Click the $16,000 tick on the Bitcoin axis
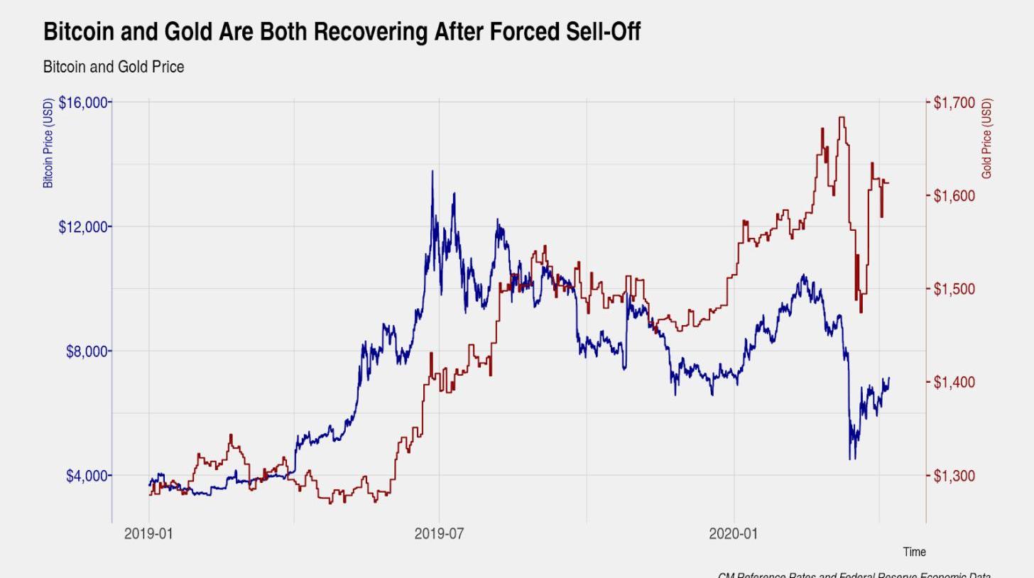[84, 103]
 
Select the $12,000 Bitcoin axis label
[84, 227]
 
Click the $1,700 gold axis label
[954, 103]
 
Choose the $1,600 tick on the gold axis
[954, 196]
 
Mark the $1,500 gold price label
[954, 289]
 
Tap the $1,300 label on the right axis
[954, 476]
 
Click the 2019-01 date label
[148, 534]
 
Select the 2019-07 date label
[439, 534]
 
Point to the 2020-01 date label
[733, 534]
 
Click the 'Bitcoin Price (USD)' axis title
[48, 143]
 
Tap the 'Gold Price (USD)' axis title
[986, 139]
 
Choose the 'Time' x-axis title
[914, 552]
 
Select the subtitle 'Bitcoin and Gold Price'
[114, 67]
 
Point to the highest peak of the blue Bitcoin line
[432, 171]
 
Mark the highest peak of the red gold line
[842, 118]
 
